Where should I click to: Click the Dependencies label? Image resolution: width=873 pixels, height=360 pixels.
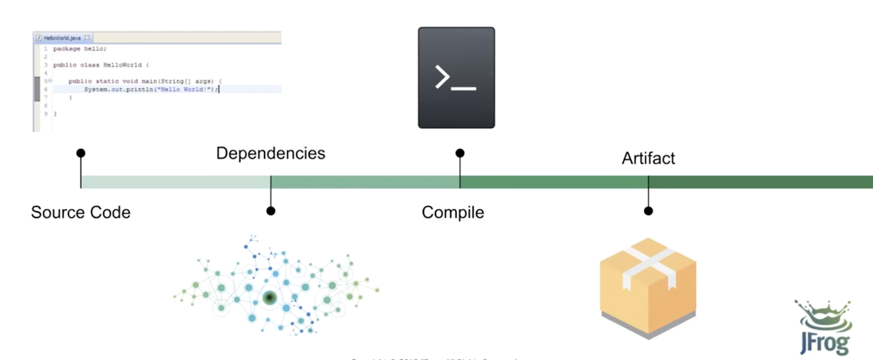271,153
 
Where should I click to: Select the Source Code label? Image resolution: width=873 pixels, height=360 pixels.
81,212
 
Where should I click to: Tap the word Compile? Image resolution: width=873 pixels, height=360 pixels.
453,212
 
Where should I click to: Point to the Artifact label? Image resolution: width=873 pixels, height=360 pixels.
648,158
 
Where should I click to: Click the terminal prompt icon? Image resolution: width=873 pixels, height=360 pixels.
456,78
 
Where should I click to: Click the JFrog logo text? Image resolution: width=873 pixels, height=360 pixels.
824,344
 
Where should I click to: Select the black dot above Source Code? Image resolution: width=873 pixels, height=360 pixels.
81,153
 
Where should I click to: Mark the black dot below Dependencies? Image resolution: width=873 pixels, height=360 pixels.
271,211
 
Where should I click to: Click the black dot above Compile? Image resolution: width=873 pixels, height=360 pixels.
460,153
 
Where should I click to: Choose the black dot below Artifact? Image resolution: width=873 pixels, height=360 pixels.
648,211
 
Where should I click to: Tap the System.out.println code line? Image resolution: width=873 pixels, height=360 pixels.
151,89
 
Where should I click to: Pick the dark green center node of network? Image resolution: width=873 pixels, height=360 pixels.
270,298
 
